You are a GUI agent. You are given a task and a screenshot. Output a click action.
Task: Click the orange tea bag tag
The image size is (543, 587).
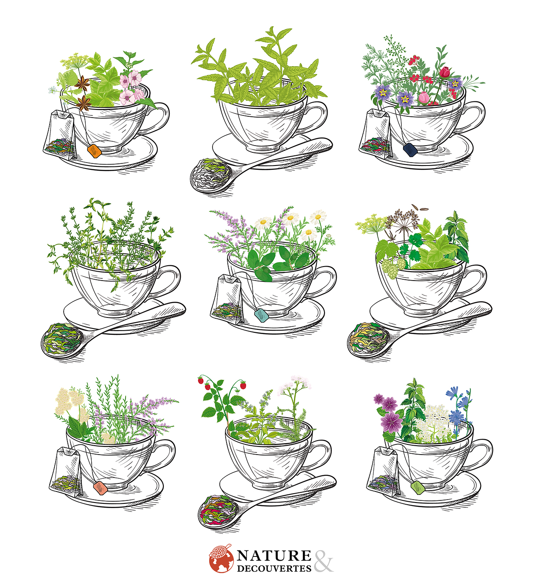click(95, 151)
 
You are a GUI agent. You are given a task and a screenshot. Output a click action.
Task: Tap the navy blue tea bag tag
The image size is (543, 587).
click(410, 149)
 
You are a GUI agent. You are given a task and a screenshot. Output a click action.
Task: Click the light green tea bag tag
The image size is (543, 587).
click(418, 487)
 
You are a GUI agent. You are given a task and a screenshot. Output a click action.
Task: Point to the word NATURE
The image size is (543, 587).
click(274, 555)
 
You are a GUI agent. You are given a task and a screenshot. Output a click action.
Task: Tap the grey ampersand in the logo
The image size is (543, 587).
click(323, 560)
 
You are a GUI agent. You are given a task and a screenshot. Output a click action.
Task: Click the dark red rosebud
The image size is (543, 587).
click(445, 72)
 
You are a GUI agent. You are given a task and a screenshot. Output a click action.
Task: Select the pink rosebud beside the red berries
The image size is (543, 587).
click(424, 98)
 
